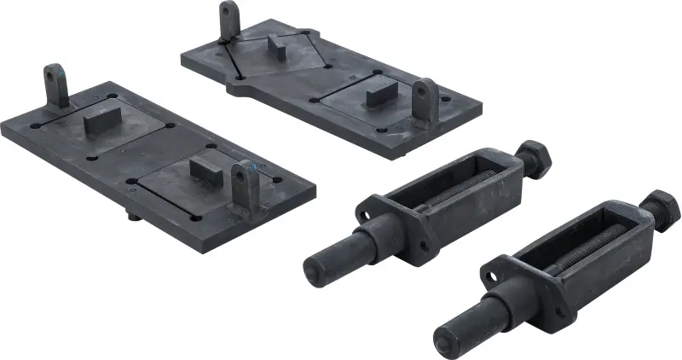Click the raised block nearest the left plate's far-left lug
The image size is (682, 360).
coord(101,121)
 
